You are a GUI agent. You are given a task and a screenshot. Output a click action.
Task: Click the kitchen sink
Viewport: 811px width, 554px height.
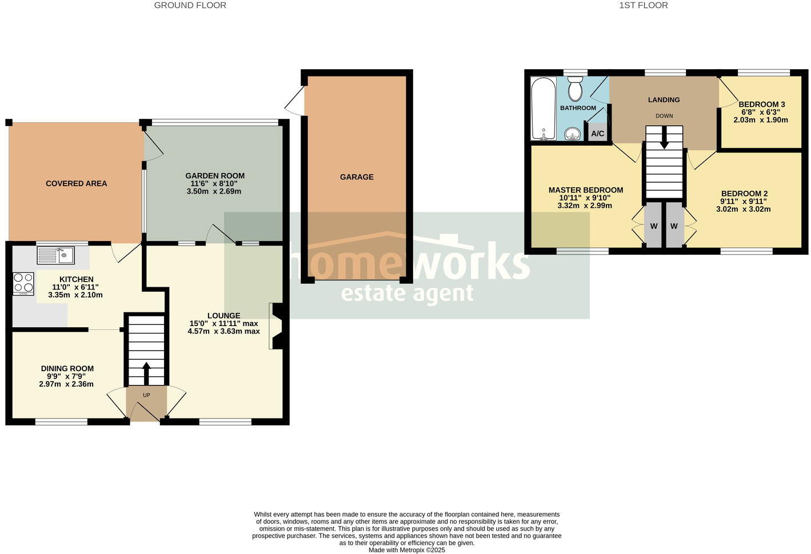click(55, 255)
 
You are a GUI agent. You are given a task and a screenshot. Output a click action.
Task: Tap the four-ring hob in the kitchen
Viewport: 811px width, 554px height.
click(23, 283)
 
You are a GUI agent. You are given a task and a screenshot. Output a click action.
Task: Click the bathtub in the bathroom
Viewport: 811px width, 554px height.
click(542, 109)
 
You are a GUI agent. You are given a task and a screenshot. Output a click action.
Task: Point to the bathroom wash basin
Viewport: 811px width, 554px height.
click(572, 134)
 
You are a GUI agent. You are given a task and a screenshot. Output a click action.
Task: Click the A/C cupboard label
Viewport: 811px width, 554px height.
click(597, 134)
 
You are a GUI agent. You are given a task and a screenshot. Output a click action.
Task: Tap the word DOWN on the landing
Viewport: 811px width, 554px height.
click(664, 116)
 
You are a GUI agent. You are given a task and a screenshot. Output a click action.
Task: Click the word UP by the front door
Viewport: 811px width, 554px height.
click(146, 395)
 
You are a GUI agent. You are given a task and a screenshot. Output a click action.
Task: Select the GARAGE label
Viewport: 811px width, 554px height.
click(357, 177)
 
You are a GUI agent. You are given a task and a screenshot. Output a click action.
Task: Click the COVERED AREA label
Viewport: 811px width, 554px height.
click(77, 183)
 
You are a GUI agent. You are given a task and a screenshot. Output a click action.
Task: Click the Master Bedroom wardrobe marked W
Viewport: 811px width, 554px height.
click(653, 226)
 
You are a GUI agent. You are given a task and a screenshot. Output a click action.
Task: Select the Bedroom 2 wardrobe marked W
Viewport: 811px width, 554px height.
click(674, 226)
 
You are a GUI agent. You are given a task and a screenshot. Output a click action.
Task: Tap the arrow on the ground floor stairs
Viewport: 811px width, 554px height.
click(146, 372)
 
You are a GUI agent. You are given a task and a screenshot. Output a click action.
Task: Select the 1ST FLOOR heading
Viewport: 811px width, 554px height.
click(643, 5)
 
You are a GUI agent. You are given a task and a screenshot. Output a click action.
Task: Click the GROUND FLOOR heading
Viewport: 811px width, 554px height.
click(190, 5)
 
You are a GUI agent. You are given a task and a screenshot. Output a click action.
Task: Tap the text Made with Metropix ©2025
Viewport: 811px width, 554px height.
click(406, 550)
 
